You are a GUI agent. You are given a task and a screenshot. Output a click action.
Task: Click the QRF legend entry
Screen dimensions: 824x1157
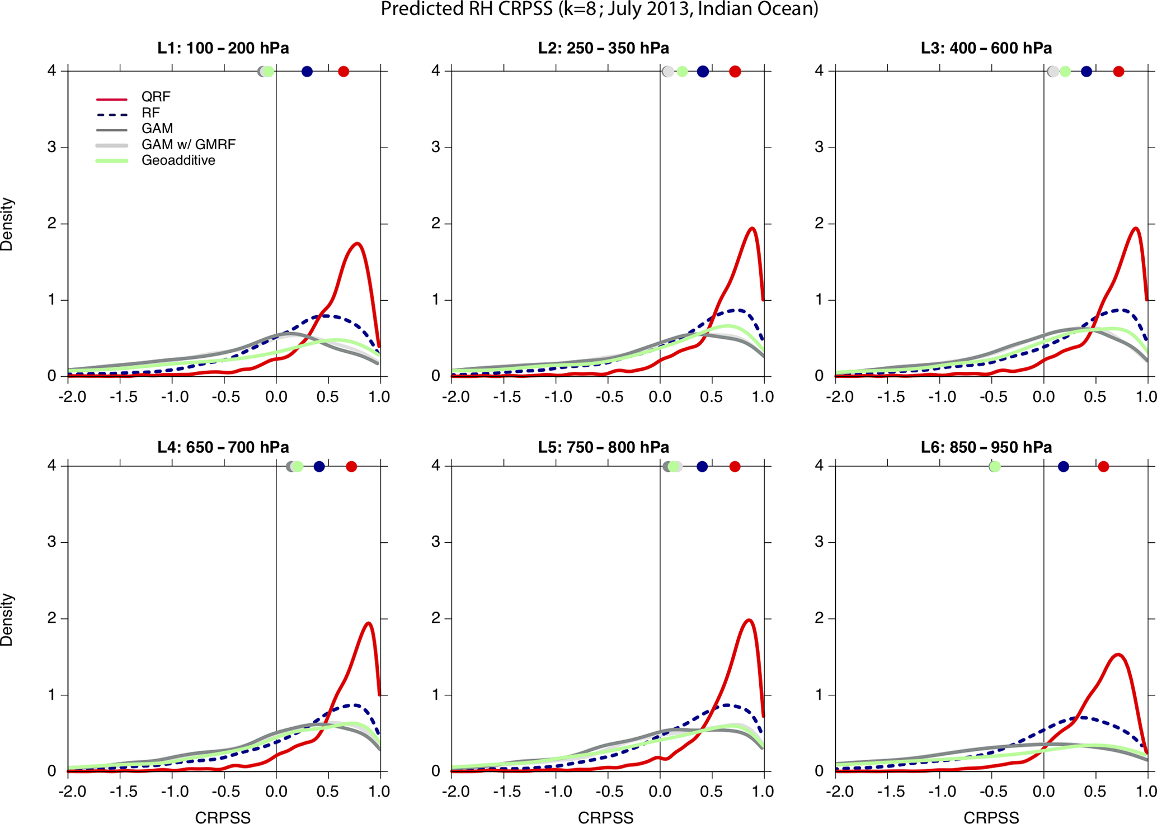[x=156, y=97]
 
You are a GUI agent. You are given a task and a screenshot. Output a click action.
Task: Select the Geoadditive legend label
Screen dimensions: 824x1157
[x=178, y=161]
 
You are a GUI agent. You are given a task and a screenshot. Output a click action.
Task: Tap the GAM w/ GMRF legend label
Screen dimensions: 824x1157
[x=188, y=145]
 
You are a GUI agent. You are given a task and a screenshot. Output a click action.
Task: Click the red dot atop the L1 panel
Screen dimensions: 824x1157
[x=344, y=72]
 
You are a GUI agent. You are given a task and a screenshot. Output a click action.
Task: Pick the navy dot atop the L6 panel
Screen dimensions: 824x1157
[x=1064, y=466]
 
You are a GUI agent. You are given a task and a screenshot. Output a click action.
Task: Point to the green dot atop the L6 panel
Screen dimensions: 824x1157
[x=995, y=466]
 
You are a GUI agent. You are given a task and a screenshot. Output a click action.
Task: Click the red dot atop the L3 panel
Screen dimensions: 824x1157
[x=1118, y=72]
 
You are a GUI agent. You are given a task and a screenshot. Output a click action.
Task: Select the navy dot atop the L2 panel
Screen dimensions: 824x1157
[x=703, y=72]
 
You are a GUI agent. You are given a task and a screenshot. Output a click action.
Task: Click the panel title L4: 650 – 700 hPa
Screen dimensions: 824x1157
[x=223, y=447]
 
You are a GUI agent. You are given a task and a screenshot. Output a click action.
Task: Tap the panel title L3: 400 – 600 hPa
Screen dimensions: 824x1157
[x=986, y=49]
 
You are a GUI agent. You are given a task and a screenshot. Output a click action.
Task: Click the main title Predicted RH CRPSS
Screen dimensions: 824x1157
[x=599, y=10]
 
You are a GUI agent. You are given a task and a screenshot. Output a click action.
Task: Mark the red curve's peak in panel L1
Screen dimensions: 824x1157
[x=357, y=243]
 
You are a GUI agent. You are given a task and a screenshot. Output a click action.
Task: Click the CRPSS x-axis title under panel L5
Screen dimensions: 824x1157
[x=605, y=817]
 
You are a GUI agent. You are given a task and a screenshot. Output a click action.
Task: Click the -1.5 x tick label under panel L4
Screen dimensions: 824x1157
[x=121, y=792]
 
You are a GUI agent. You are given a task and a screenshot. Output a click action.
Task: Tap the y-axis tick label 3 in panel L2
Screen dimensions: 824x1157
[x=436, y=148]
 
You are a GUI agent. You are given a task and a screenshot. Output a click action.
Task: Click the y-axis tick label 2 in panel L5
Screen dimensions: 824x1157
[x=436, y=618]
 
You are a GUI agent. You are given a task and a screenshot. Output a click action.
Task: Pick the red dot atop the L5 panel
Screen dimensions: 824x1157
[x=735, y=466]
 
